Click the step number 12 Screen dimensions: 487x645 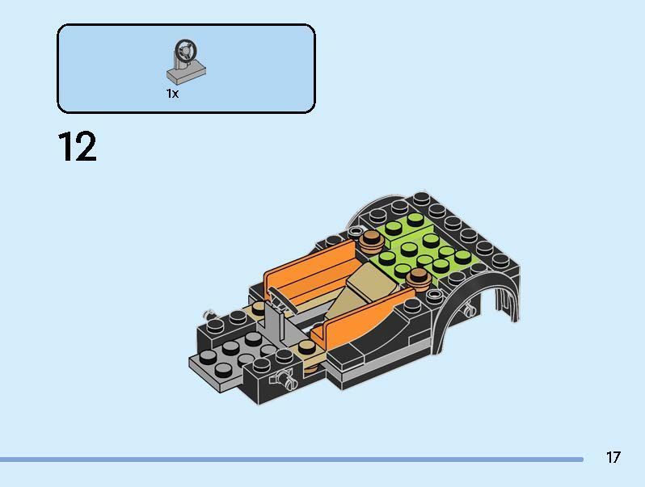click(77, 147)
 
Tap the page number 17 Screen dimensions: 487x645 click(613, 457)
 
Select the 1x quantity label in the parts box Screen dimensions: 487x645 click(172, 94)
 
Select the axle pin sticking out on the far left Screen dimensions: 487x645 click(208, 312)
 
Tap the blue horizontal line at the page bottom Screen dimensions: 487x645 click(291, 460)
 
